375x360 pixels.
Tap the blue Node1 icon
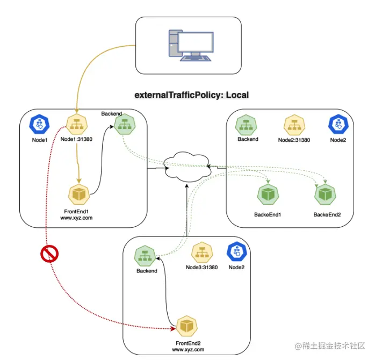(x=39, y=125)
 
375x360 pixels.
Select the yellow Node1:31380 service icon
(x=77, y=125)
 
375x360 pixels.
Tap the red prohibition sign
(x=49, y=254)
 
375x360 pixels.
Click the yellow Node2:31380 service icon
(x=294, y=125)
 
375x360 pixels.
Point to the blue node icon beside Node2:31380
(x=338, y=125)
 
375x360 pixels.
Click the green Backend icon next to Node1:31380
(x=124, y=126)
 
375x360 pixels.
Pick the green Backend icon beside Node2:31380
(x=248, y=126)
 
